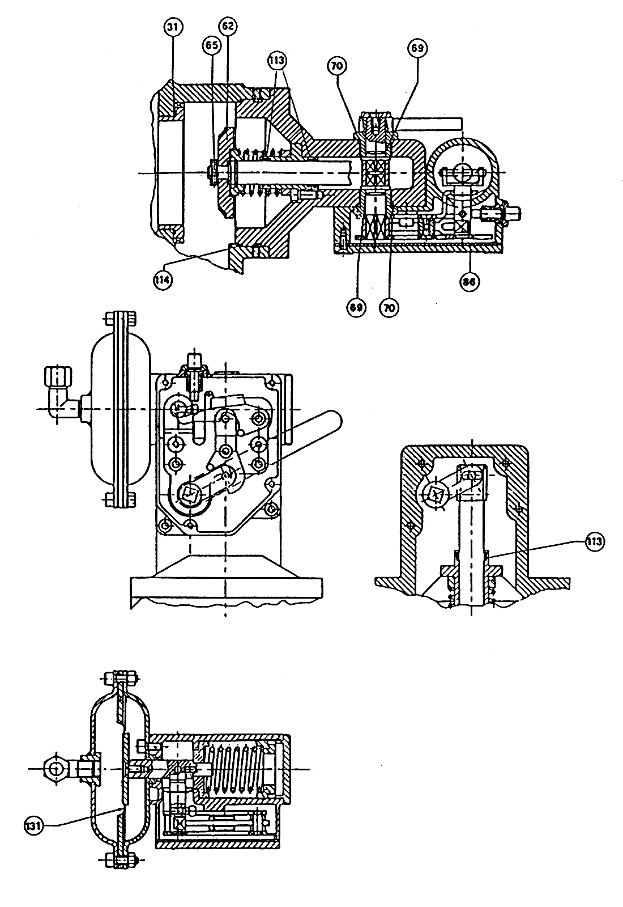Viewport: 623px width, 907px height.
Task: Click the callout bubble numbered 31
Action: point(173,27)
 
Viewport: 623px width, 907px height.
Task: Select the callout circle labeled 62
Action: point(227,26)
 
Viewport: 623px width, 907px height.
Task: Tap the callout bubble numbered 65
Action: point(212,45)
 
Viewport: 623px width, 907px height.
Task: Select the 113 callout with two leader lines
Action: point(277,61)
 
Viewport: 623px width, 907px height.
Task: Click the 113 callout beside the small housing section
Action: point(594,541)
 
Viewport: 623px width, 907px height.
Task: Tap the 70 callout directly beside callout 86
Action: point(389,308)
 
